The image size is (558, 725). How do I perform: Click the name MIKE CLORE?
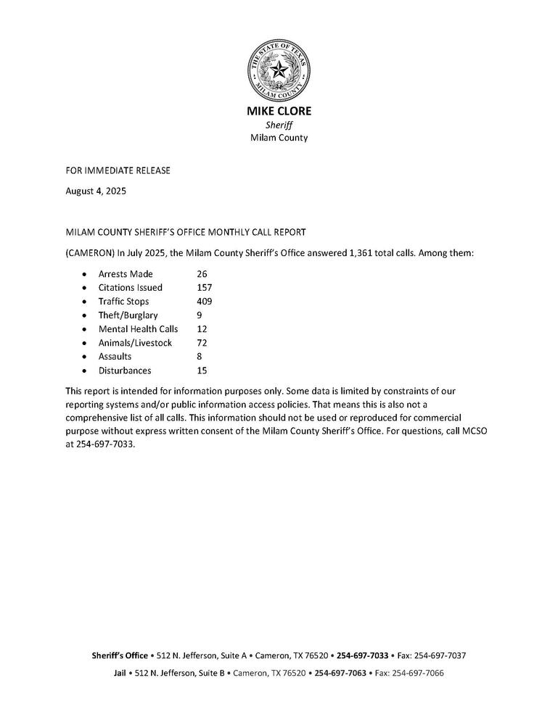279,112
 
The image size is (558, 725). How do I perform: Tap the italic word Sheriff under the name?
279,125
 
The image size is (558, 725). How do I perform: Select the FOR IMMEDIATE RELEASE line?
118,170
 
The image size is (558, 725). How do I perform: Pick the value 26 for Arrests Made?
202,274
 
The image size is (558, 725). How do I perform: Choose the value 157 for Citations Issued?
205,288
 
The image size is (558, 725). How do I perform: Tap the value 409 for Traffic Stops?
205,302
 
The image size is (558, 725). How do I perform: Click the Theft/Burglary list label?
128,315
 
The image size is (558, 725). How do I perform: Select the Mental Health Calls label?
138,329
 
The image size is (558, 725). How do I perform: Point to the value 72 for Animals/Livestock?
202,343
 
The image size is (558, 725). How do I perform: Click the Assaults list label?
115,357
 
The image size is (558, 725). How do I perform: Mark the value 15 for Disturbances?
202,370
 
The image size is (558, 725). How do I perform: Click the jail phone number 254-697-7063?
340,673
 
